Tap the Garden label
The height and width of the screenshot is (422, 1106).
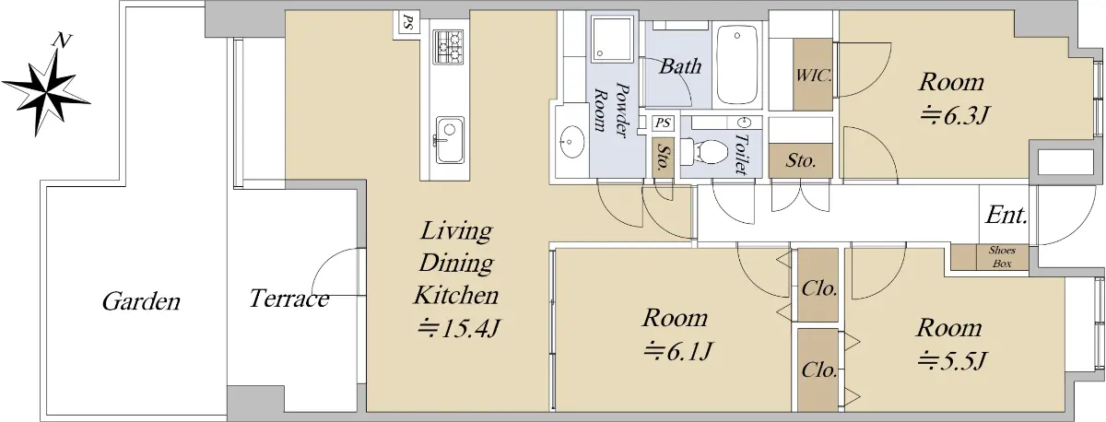point(141,301)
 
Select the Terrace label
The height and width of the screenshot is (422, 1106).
point(288,299)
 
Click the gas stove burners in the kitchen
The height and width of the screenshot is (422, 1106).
point(449,47)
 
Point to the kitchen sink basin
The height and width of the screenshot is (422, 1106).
point(450,140)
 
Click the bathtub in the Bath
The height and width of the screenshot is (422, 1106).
point(737,64)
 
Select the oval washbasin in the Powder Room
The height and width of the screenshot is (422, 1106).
point(571,142)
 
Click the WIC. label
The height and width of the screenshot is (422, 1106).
point(813,76)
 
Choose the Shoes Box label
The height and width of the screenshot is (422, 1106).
point(1003,257)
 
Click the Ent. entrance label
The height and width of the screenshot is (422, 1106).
point(1006,216)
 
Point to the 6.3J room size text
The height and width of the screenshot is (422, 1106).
point(954,116)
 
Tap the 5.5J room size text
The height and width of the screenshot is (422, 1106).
point(952,361)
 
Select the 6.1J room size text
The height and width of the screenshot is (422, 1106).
point(678,351)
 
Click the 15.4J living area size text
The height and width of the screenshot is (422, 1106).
point(459,328)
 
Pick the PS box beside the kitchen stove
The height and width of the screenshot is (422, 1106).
point(406,23)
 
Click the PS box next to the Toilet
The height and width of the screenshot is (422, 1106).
point(663,123)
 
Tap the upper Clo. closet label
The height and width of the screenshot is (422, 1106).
point(819,288)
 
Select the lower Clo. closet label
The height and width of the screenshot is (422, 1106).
point(819,369)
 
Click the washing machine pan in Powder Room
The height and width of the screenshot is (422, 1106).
point(612,39)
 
